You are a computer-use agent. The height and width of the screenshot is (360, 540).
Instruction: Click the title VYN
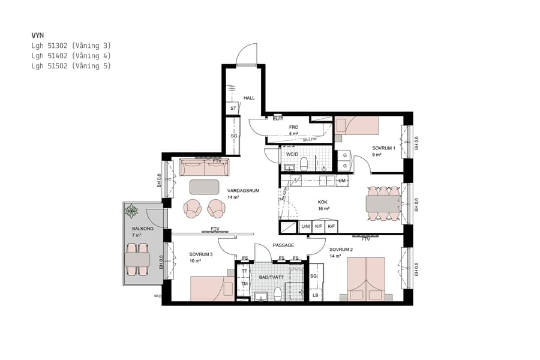point(38,35)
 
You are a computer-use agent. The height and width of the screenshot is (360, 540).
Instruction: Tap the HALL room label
point(249,98)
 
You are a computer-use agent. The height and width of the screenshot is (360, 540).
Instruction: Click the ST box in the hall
point(233,109)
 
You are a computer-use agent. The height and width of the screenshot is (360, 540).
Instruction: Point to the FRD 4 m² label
point(294,130)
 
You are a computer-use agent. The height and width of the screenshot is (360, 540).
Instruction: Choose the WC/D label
point(292,154)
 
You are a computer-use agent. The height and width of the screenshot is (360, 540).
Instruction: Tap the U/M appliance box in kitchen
point(305,227)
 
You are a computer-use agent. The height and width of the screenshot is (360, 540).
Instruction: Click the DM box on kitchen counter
point(342,180)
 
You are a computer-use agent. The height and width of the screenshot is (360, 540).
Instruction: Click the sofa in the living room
point(204,167)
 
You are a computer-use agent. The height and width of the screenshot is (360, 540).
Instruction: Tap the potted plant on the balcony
point(131,211)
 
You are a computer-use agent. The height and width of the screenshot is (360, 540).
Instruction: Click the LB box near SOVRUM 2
point(316,295)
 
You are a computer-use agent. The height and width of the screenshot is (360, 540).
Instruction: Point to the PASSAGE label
point(283,245)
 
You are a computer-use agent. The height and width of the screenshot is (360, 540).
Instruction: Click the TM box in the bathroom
point(244,284)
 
